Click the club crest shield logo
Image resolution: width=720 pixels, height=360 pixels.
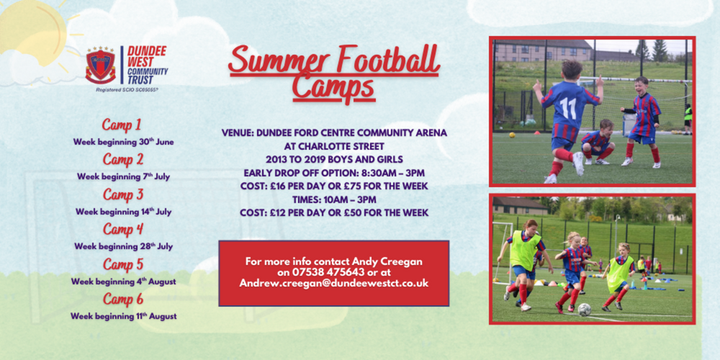[x=101, y=65]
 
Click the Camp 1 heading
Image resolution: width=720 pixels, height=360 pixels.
[x=122, y=125]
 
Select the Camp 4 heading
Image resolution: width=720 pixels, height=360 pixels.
[x=123, y=229]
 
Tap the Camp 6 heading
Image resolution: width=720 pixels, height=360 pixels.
[x=123, y=299]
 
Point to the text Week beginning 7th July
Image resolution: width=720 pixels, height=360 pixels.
[x=124, y=176]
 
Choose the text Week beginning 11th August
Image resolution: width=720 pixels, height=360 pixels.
[x=124, y=316]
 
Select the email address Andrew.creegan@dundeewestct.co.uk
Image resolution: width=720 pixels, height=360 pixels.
[x=334, y=284]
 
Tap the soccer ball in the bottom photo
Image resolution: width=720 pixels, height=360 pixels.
[x=584, y=310]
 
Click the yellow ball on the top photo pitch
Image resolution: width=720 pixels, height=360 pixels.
[x=511, y=135]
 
